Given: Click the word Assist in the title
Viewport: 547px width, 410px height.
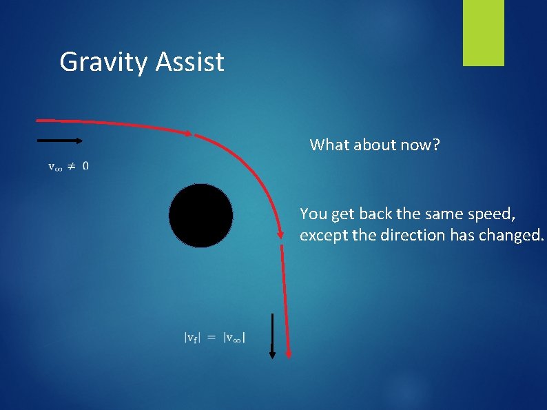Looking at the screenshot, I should pyautogui.click(x=190, y=62).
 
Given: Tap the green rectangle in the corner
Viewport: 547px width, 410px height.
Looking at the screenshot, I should pyautogui.click(x=483, y=33).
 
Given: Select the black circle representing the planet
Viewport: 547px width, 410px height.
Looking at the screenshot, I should pyautogui.click(x=200, y=216).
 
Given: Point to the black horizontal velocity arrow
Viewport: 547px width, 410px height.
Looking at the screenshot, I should pyautogui.click(x=59, y=141).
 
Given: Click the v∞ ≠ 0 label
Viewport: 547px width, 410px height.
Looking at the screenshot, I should pyautogui.click(x=68, y=165).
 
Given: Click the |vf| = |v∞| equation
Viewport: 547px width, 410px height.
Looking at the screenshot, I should pyautogui.click(x=216, y=337).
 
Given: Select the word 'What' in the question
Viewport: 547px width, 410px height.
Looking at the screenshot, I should pyautogui.click(x=327, y=145).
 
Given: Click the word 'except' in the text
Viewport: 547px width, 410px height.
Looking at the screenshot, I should pyautogui.click(x=322, y=235).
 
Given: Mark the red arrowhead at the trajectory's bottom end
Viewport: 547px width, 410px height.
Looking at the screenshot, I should pyautogui.click(x=288, y=353).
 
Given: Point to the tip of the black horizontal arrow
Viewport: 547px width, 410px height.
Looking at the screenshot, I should pyautogui.click(x=81, y=141).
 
